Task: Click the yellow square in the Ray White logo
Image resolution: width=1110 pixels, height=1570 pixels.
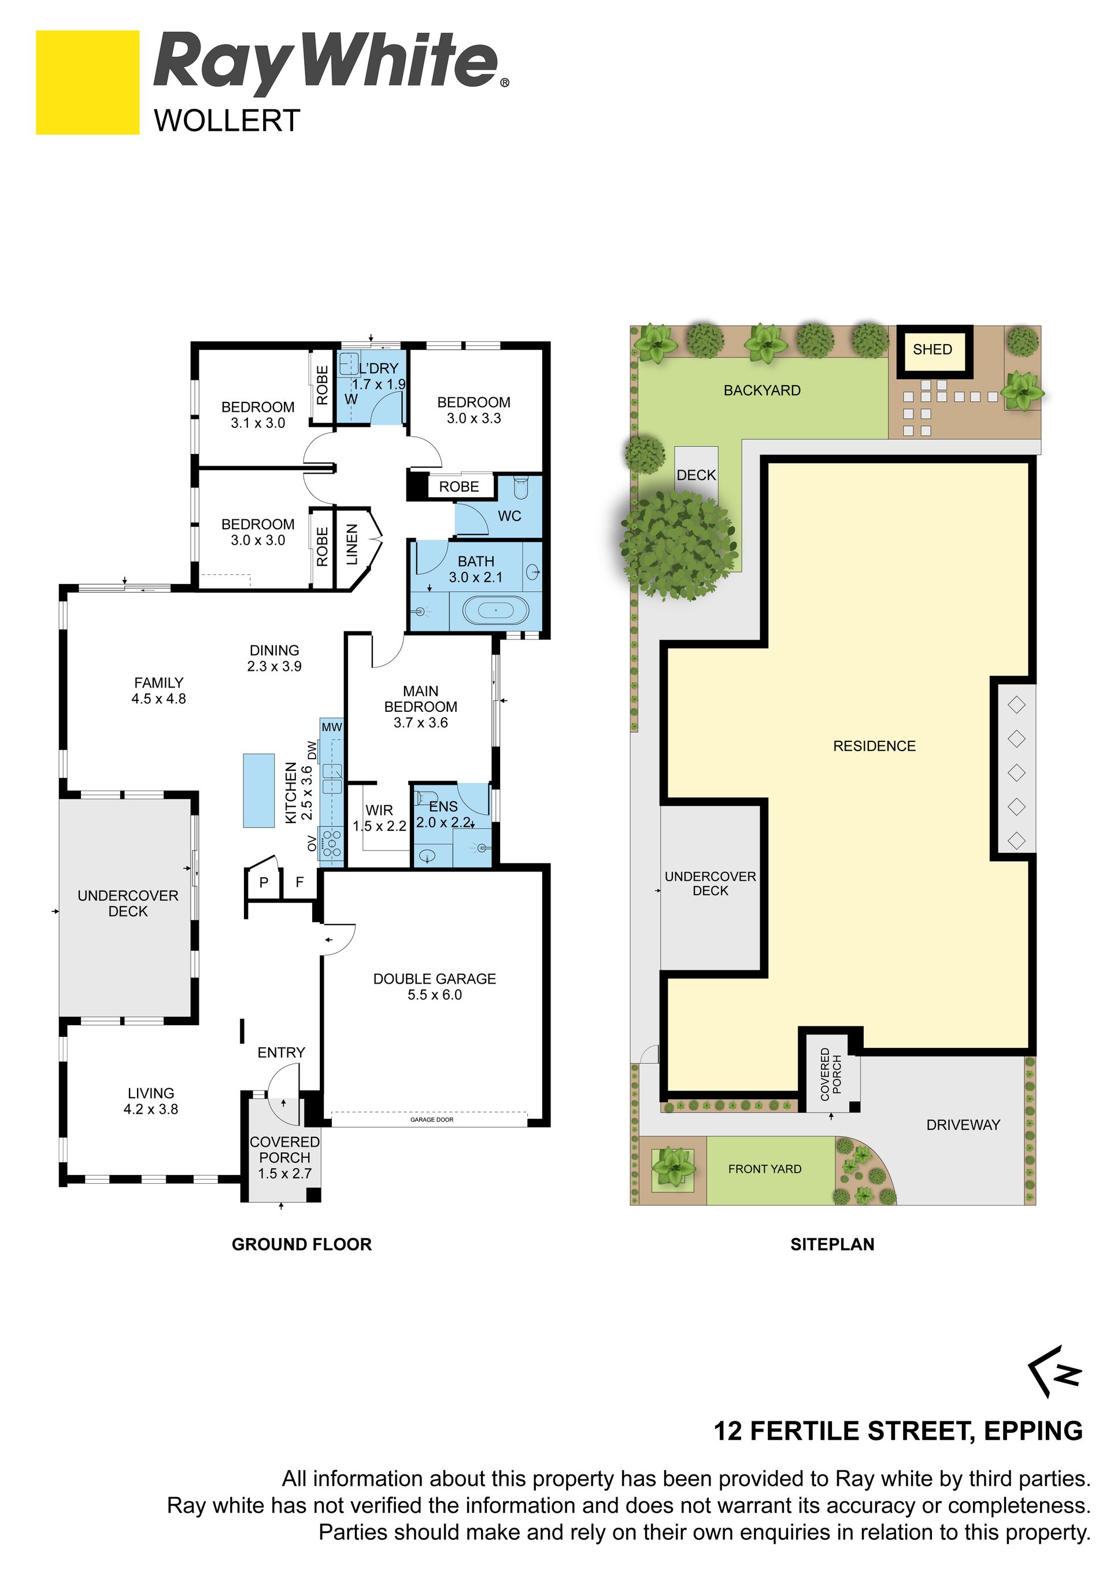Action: tap(87, 82)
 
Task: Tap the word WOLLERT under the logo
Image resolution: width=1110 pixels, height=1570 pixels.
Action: tap(227, 121)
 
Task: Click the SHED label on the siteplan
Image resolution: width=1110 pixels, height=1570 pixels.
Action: tap(933, 349)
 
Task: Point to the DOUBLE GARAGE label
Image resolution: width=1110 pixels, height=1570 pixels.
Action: tap(435, 978)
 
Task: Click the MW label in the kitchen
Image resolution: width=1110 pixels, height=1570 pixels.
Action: tap(331, 727)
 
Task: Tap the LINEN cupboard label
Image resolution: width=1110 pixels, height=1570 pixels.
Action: tap(352, 544)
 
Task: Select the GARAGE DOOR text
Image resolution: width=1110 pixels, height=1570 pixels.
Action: tap(432, 1120)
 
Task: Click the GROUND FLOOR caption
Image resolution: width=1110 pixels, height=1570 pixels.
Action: tap(301, 1244)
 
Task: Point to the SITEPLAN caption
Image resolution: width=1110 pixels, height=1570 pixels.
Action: tap(832, 1244)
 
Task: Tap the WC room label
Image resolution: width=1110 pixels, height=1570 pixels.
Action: tap(509, 516)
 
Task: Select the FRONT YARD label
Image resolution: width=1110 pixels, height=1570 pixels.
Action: tap(765, 1169)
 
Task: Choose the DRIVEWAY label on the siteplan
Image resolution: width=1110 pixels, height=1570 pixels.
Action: tap(963, 1125)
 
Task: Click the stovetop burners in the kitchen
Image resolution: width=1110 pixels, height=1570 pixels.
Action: tap(333, 843)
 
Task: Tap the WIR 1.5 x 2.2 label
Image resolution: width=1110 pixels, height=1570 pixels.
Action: tap(379, 818)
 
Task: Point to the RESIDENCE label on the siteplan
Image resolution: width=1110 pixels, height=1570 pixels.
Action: tap(874, 746)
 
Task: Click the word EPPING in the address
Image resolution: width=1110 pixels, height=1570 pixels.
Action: tap(1034, 1431)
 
